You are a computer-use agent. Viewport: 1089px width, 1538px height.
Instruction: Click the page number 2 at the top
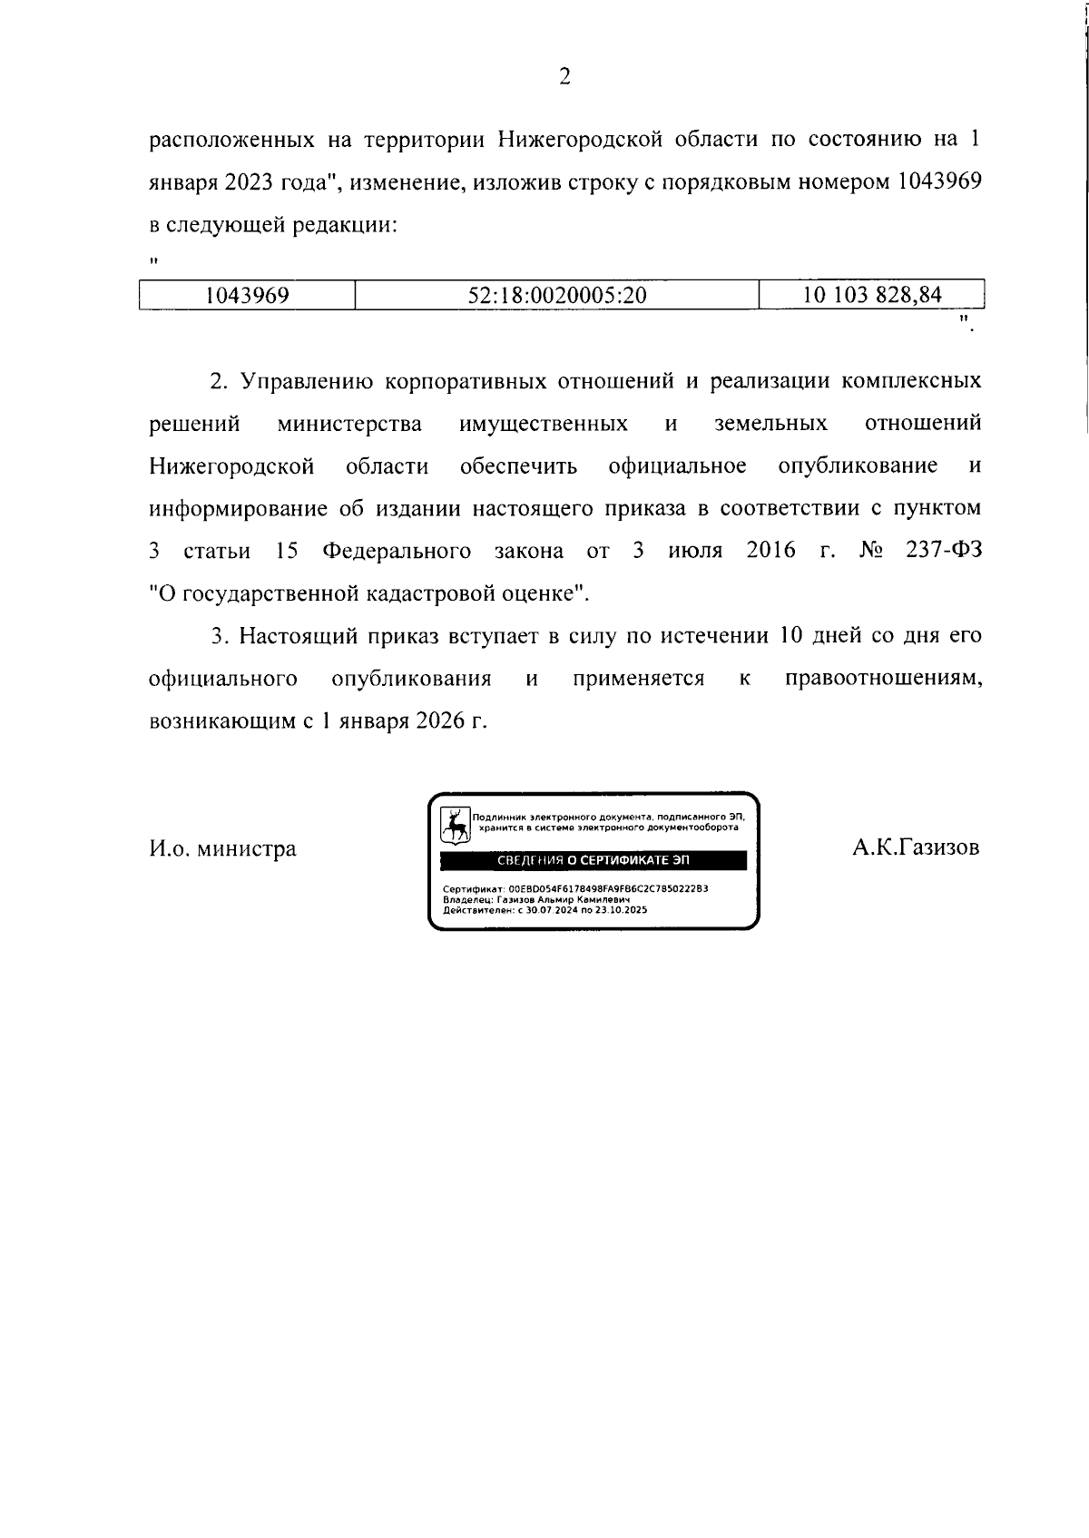coord(564,77)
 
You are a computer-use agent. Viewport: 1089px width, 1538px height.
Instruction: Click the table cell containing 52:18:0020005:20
coord(556,295)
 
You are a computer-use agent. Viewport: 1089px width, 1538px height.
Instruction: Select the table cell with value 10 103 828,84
coord(872,295)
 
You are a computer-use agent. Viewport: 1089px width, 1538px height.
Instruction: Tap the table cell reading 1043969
coord(247,295)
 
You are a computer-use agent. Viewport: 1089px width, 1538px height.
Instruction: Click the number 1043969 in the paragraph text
coord(939,181)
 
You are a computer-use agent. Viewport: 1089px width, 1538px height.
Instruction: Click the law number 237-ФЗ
coord(944,551)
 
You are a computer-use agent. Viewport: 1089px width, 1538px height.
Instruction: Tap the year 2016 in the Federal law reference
coord(770,551)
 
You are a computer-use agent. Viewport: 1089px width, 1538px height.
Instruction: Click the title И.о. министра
coord(222,849)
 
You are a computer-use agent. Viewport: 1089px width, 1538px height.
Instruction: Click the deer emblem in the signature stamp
coord(456,824)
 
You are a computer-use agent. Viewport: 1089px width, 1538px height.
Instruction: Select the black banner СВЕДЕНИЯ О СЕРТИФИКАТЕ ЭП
coord(594,860)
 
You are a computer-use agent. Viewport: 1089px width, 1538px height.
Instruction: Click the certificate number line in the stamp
coord(575,889)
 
